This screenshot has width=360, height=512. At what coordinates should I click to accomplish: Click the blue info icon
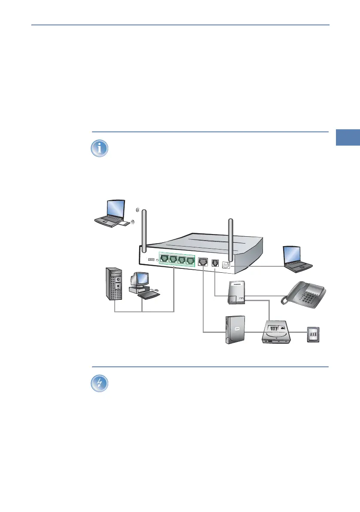pyautogui.click(x=100, y=148)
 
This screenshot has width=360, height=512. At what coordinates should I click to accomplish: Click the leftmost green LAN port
pyautogui.click(x=165, y=259)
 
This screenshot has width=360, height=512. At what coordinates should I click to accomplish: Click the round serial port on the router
pyautogui.click(x=225, y=265)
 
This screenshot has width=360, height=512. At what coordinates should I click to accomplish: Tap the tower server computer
pyautogui.click(x=114, y=283)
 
